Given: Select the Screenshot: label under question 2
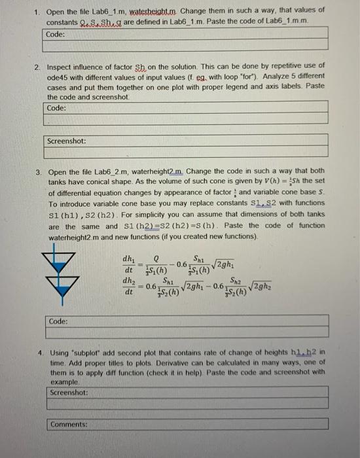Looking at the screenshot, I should point(66,141).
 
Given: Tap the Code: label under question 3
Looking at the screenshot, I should point(58,321).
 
